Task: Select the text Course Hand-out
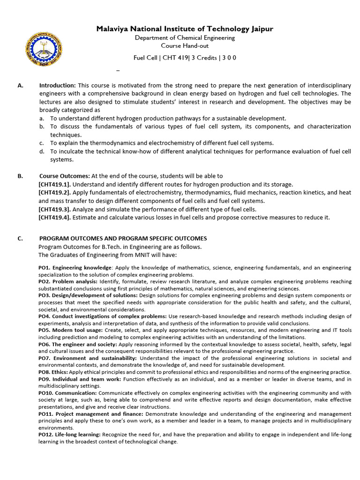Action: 185,45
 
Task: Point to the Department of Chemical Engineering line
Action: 185,37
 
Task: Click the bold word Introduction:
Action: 57,85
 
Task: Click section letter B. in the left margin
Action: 20,176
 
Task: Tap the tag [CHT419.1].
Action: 54,185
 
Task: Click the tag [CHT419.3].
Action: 54,210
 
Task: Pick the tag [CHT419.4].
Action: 54,217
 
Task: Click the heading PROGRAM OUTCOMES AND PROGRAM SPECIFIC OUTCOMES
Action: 122,239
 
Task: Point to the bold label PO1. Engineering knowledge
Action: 75,268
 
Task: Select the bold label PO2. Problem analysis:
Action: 68,281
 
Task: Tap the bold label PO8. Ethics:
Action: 53,372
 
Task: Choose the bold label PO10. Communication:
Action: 67,393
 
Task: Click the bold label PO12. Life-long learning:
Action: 69,435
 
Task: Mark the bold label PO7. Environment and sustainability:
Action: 87,358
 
